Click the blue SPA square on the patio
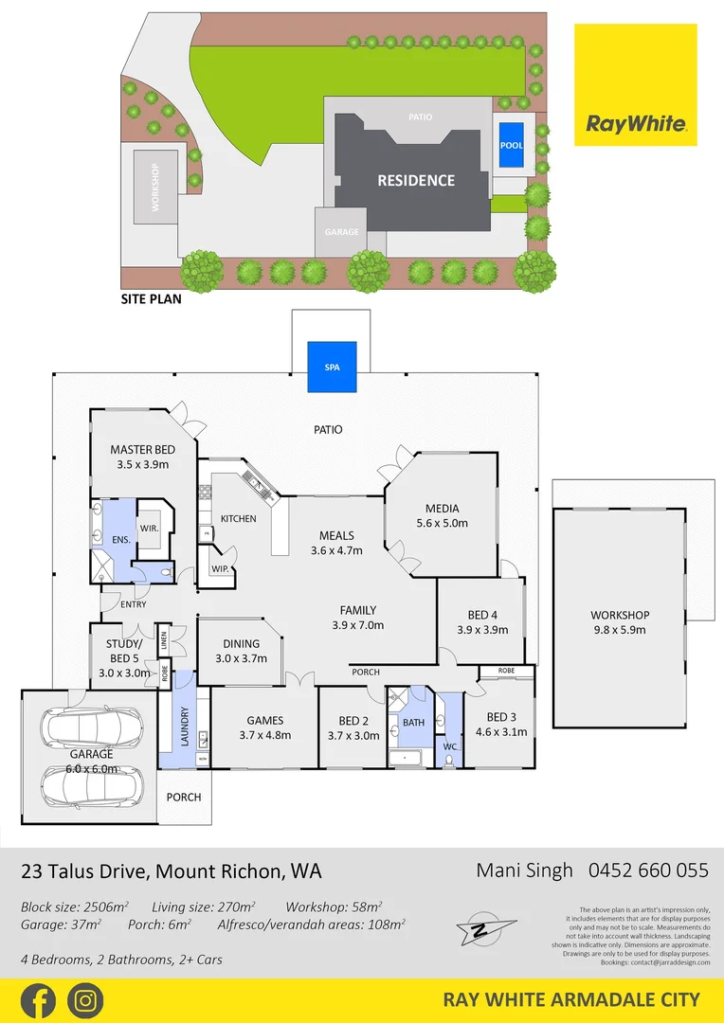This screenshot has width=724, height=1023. [332, 367]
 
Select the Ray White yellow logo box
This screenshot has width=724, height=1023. [635, 85]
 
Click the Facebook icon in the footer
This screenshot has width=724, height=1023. [38, 999]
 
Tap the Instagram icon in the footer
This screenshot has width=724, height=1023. [85, 999]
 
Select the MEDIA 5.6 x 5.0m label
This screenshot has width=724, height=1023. [442, 508]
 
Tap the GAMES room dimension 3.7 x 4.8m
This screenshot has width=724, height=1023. [264, 734]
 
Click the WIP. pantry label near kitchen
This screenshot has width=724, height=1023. [221, 569]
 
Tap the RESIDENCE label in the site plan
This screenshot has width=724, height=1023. [416, 180]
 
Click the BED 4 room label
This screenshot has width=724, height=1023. [478, 613]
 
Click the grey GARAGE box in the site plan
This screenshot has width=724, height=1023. [342, 232]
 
